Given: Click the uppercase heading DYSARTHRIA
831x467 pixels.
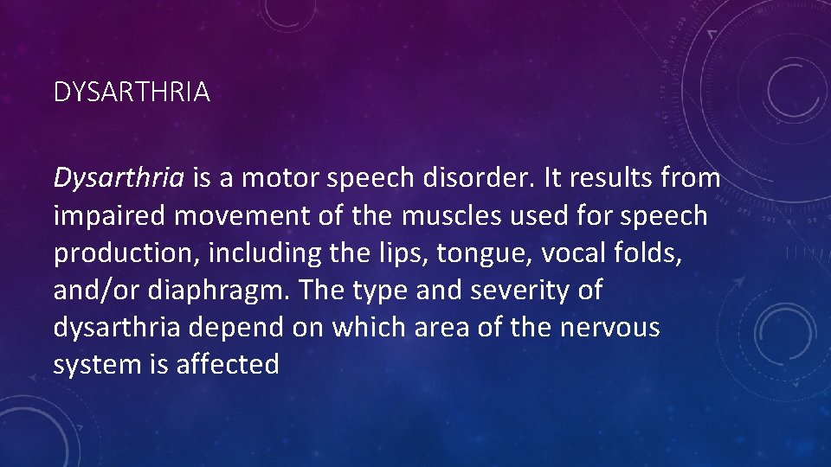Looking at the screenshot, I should coord(132,93).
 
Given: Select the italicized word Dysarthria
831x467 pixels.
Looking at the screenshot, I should coord(119,178).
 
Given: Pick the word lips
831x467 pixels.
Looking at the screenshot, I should coord(387,253).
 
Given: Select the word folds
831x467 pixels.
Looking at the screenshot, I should coord(628,253).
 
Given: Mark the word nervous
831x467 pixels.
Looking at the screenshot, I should coord(610,328).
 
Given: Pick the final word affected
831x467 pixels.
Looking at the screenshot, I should coord(228,365).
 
